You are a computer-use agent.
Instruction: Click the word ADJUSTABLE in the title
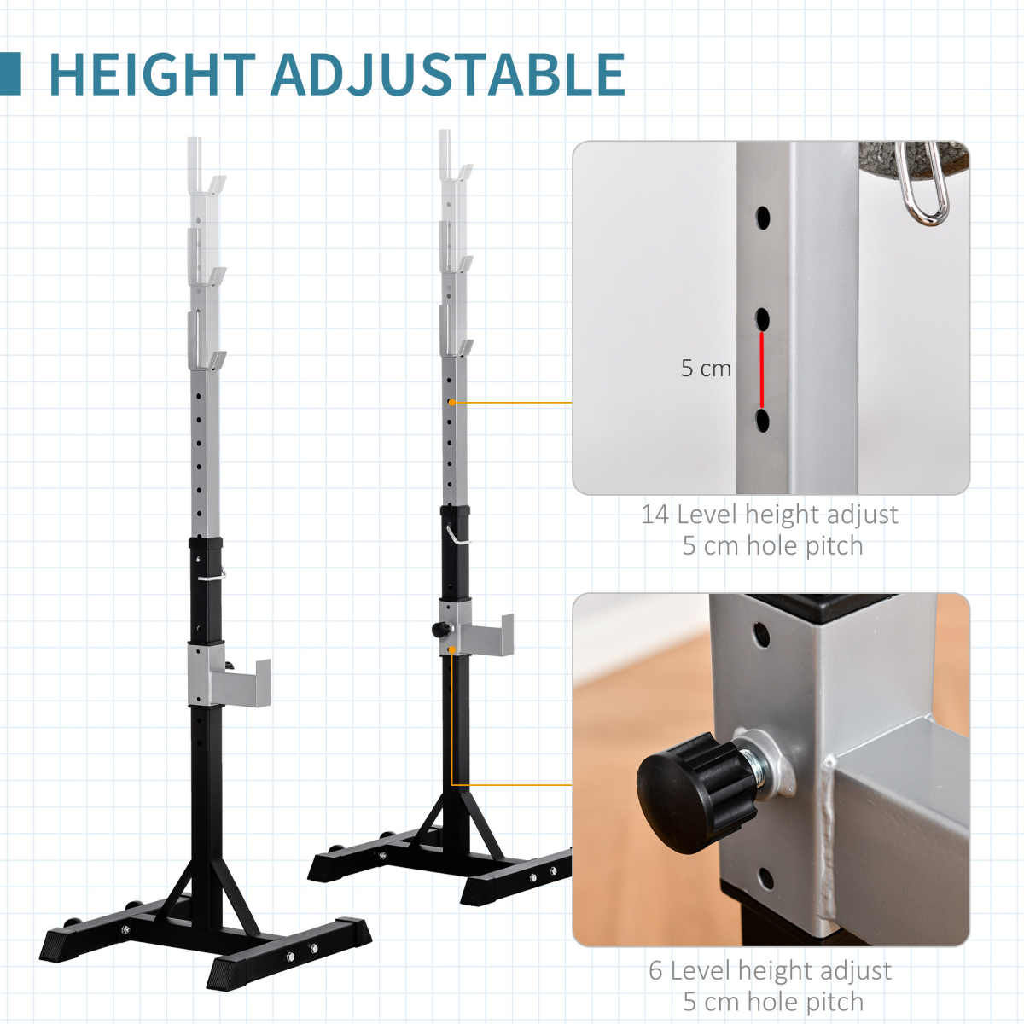(x=448, y=74)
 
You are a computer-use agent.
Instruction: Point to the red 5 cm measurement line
(x=762, y=369)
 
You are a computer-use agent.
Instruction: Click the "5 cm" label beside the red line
(x=706, y=369)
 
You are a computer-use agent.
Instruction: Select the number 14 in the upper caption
(x=655, y=515)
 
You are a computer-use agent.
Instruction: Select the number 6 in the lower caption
(x=655, y=970)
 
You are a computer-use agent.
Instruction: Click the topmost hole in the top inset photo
(x=762, y=217)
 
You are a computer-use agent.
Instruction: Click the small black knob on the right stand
(x=440, y=630)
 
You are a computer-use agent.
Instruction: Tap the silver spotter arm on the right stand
(x=486, y=635)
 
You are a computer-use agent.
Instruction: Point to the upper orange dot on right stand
(x=451, y=402)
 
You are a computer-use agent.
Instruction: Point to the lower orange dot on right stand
(x=451, y=650)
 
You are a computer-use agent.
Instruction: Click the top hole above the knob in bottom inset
(x=760, y=634)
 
